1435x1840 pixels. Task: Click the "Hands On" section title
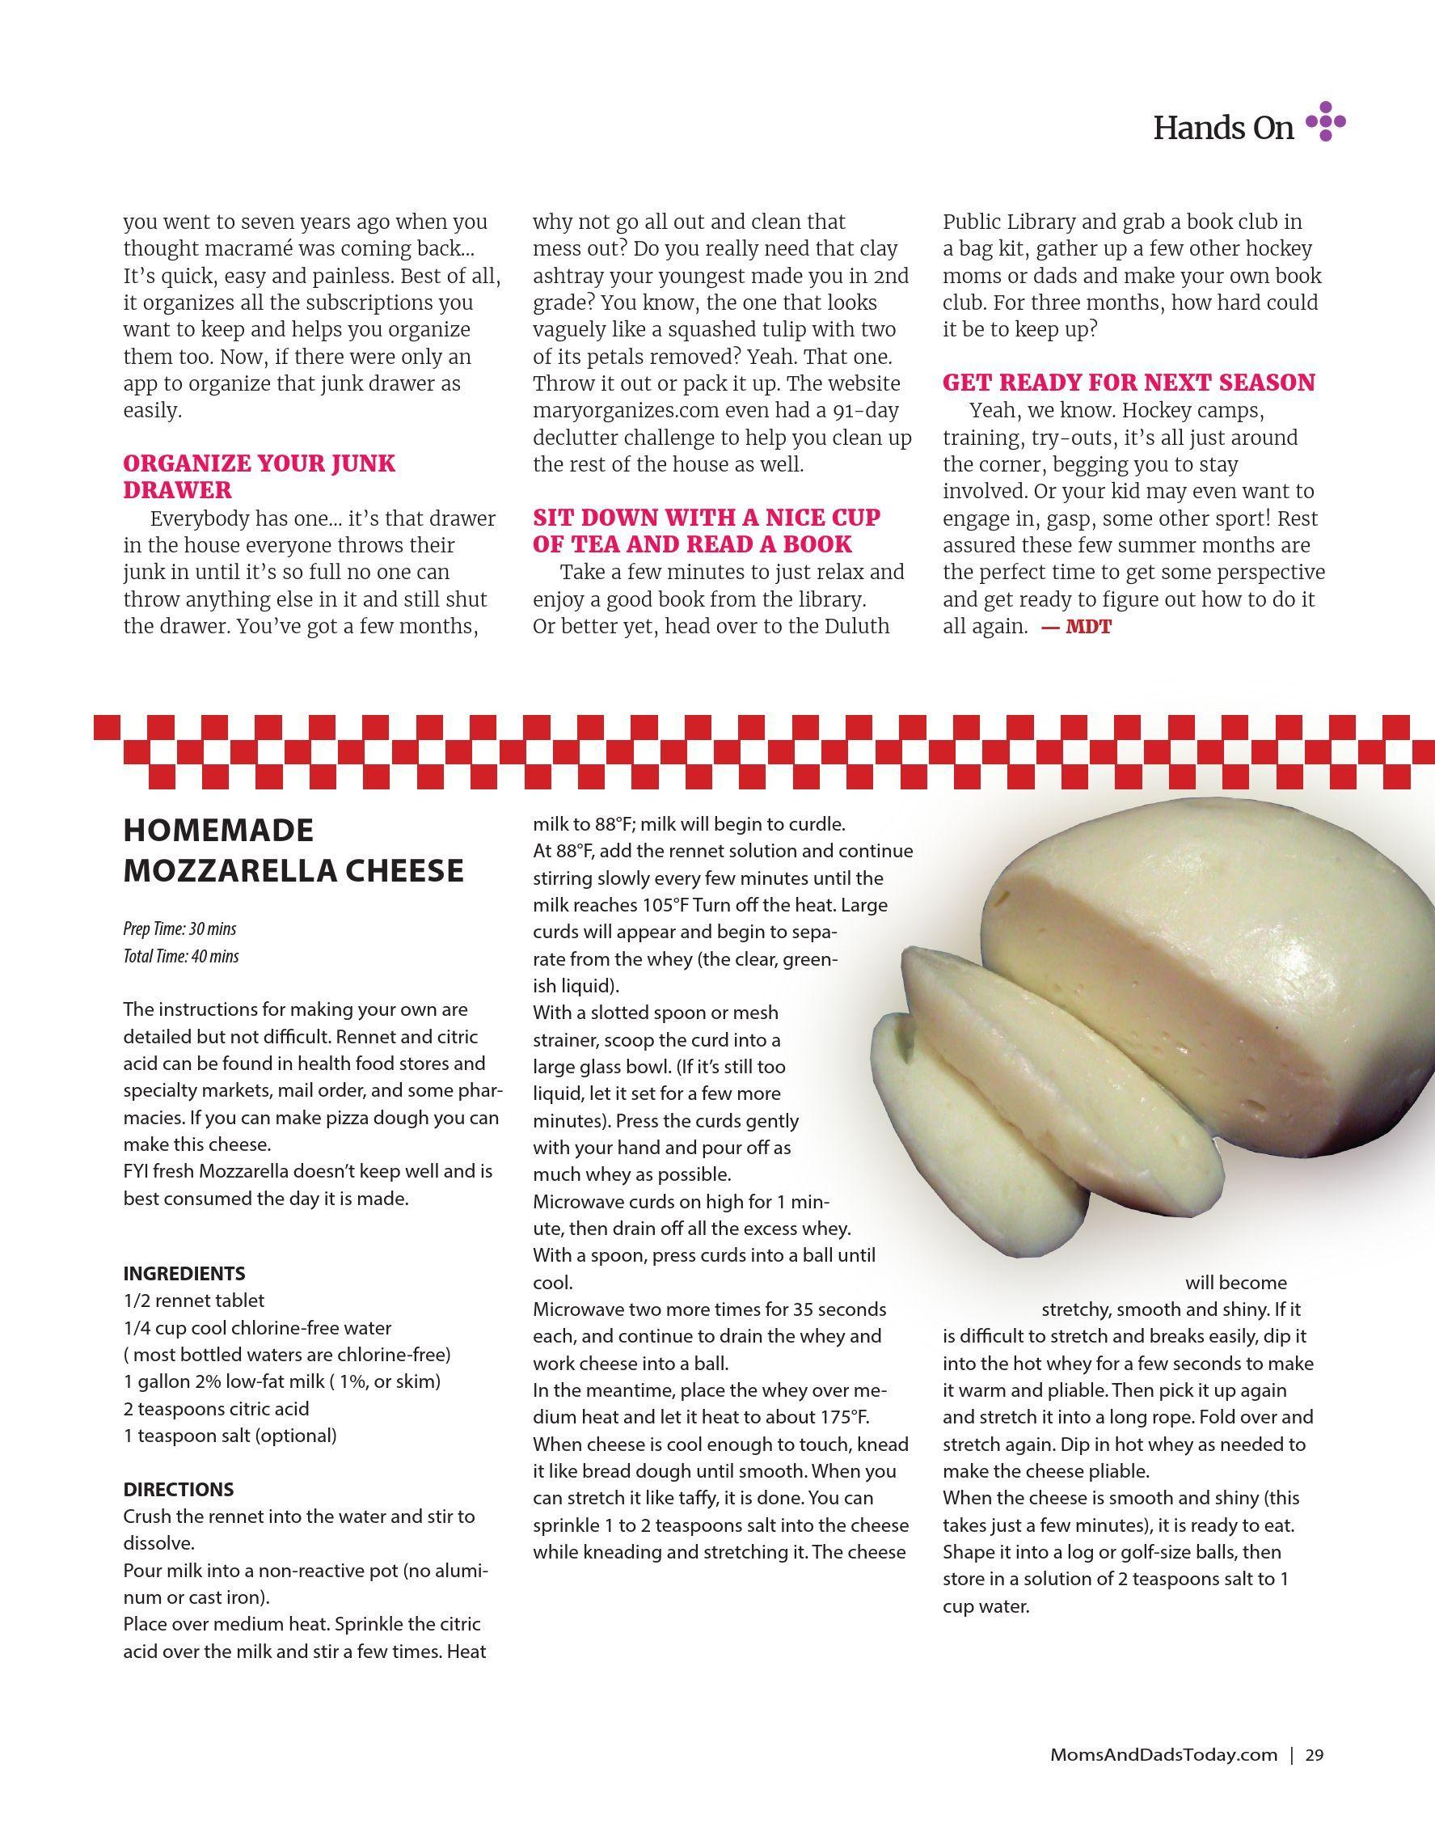(x=1222, y=128)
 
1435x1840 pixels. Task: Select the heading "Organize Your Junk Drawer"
(x=260, y=476)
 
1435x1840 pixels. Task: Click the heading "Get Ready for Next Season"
(x=1129, y=383)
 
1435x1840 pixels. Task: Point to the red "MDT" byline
(x=1088, y=627)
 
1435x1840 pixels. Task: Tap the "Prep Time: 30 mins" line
(x=179, y=929)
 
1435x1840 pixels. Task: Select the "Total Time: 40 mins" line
(x=181, y=956)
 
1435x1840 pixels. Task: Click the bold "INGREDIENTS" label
(x=184, y=1273)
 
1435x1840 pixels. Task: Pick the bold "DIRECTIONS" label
(x=179, y=1489)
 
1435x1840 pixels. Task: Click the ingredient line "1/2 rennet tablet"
(x=194, y=1300)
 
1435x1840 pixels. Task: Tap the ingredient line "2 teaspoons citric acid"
(x=217, y=1408)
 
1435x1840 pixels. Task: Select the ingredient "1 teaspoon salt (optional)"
(x=230, y=1435)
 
